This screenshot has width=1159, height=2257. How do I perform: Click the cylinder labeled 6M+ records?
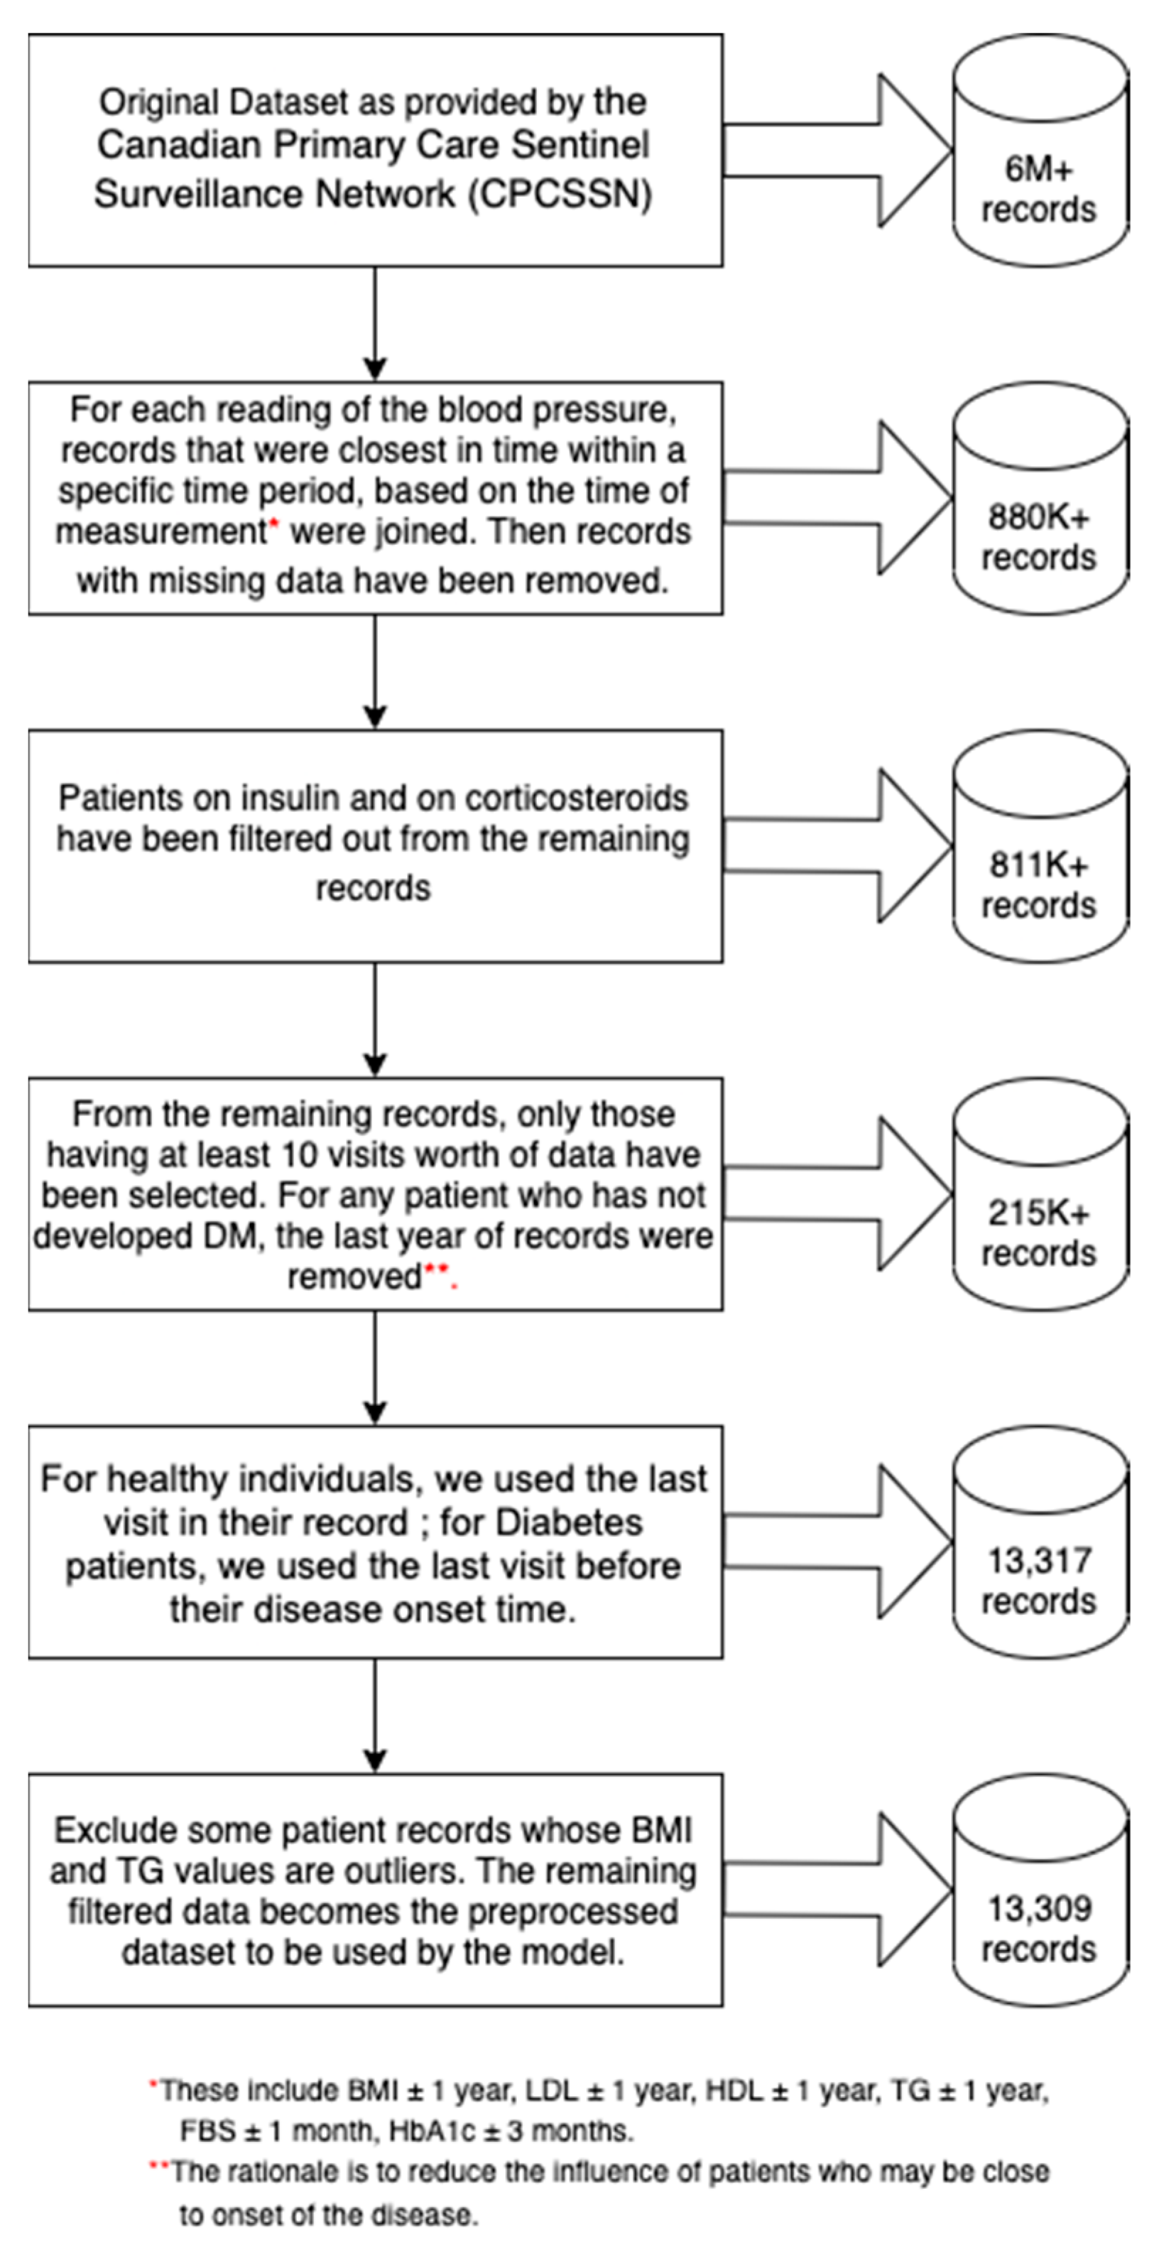point(1040,151)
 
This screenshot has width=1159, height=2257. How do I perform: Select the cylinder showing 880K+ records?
point(1040,499)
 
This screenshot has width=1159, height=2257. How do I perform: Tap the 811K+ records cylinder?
point(1040,846)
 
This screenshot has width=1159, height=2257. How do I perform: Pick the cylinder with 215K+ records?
point(1040,1194)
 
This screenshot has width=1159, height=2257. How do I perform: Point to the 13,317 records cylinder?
point(1040,1542)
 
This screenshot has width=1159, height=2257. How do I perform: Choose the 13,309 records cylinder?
point(1040,1890)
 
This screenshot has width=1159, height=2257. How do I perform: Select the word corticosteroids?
point(577,799)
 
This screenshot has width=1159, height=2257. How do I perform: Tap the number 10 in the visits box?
point(299,1154)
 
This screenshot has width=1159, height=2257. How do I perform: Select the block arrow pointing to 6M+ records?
point(837,151)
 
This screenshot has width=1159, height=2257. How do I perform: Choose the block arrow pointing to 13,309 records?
point(837,1890)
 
